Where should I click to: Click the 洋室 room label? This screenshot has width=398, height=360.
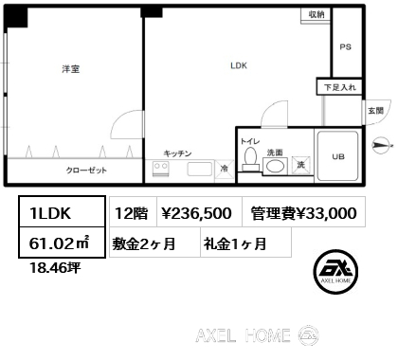(x=71, y=69)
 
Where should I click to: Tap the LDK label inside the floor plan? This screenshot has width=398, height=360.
(x=239, y=65)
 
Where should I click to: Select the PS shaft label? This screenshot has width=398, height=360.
(x=345, y=47)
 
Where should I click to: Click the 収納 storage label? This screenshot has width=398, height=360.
(x=317, y=14)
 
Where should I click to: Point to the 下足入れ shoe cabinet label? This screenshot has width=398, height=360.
(x=340, y=87)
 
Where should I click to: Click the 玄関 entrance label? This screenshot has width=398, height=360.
(x=375, y=111)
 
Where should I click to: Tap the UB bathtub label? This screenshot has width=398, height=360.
(x=338, y=156)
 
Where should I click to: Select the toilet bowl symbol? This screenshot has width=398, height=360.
(x=251, y=159)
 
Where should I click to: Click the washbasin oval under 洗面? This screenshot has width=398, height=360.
(x=274, y=166)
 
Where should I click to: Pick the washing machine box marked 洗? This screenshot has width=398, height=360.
(x=300, y=165)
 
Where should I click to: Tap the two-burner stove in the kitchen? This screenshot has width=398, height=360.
(x=160, y=169)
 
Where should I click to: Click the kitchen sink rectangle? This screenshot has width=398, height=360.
(x=200, y=169)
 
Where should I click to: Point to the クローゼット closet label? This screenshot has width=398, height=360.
(x=86, y=171)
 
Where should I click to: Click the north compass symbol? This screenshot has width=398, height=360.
(x=381, y=145)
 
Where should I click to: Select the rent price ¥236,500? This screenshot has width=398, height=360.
(x=196, y=213)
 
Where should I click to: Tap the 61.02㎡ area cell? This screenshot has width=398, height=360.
(x=62, y=243)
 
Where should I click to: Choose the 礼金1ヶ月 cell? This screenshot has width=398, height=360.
(x=245, y=243)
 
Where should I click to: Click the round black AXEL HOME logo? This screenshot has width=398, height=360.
(x=335, y=272)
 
